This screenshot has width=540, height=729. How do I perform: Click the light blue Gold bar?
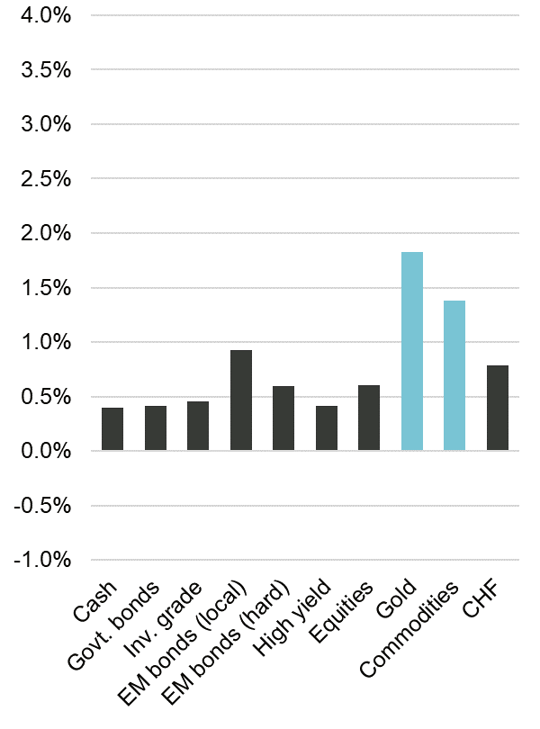coord(411,351)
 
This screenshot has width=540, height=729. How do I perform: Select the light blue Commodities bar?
coord(454,375)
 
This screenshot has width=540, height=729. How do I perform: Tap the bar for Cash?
coord(112,428)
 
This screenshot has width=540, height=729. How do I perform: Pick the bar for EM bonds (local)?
coord(241,400)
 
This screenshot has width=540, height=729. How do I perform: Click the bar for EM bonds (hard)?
coord(283,418)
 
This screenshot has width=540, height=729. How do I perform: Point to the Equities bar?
coord(369,418)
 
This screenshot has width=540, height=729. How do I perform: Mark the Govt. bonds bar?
coord(156,427)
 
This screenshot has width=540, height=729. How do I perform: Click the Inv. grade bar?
coord(198,426)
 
